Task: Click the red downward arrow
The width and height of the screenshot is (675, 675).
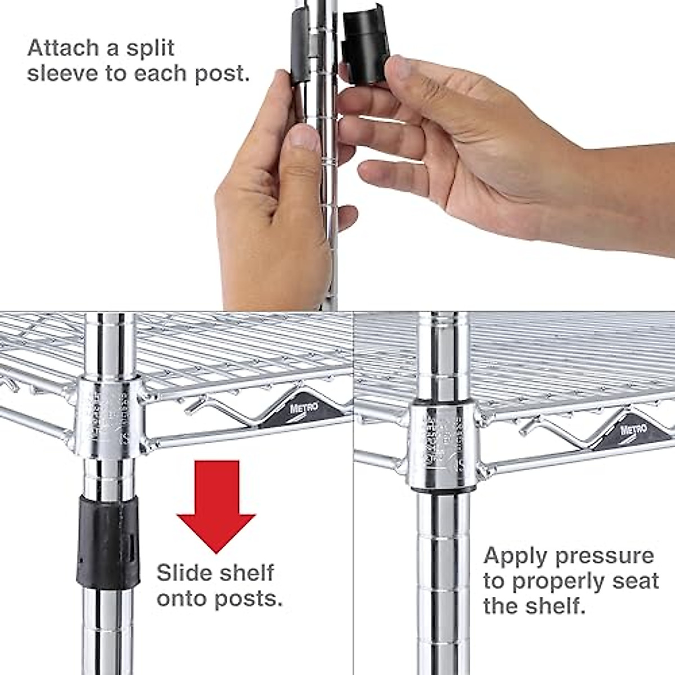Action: click(216, 501)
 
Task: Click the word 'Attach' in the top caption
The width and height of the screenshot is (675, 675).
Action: click(62, 48)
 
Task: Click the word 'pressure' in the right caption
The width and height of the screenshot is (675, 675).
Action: click(604, 556)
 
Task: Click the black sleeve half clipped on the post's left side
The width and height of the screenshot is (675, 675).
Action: click(299, 48)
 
